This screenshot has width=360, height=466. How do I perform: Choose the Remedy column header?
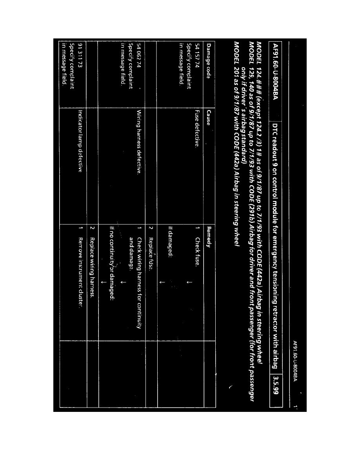[x=209, y=235]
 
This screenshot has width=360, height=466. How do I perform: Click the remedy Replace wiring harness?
[x=92, y=262]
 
